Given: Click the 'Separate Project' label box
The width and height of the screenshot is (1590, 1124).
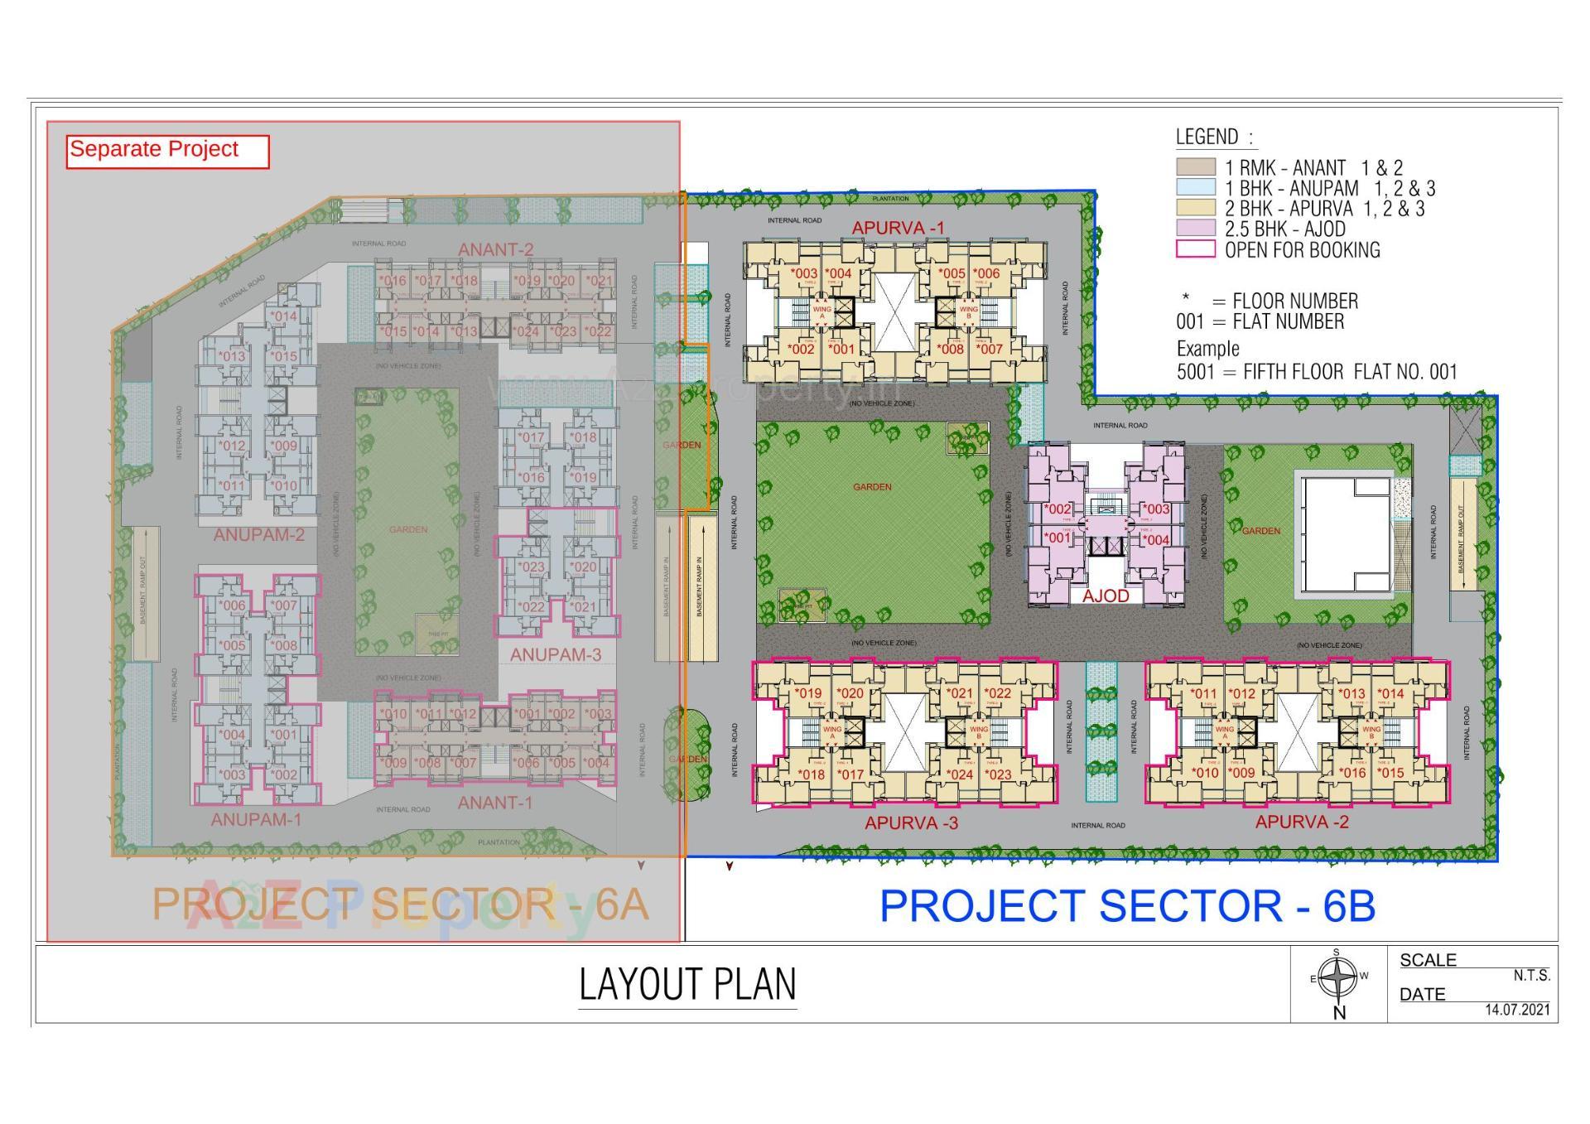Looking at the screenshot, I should point(167,151).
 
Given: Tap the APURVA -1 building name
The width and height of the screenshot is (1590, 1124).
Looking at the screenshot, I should point(898,228).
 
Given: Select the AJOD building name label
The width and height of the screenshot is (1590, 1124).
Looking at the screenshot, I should point(1106,596).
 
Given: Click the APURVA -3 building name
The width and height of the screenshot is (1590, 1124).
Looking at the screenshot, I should point(912,823).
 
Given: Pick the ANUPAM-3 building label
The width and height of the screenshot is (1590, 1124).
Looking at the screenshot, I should point(555,654).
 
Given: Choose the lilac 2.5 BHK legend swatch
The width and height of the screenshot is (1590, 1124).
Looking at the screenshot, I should point(1195,229).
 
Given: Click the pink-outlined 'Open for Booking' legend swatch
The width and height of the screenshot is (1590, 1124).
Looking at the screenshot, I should point(1195,249).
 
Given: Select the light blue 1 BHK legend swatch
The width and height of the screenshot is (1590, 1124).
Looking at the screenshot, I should point(1195,188).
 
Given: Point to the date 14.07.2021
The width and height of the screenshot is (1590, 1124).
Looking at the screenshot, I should point(1517,1010).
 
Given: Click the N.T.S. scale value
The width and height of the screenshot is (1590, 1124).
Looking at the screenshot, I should point(1531,976).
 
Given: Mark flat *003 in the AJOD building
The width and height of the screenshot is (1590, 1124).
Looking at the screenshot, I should point(1156,509).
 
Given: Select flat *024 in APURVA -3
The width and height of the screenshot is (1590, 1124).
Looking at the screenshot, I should point(961,774).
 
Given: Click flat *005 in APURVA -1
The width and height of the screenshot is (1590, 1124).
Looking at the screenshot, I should point(952,273).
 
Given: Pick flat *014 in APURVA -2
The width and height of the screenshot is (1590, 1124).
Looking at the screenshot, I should point(1390,694).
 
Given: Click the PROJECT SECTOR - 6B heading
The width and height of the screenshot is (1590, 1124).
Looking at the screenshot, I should point(1127,906).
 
